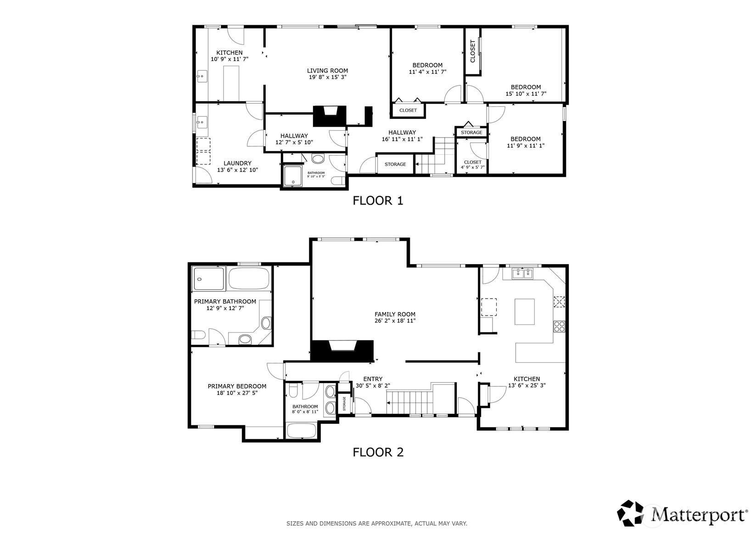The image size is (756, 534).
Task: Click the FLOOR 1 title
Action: [x=378, y=201]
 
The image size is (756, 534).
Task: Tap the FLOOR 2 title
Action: [x=378, y=452]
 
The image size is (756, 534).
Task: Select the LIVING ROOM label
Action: [x=327, y=71]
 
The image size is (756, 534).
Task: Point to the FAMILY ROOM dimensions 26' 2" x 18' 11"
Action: [x=395, y=321]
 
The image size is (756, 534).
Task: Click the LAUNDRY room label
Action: [x=237, y=163]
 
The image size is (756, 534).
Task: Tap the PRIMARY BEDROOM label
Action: [x=237, y=386]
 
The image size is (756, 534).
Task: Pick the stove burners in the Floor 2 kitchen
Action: [x=559, y=326]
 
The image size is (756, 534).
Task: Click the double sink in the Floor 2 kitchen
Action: [x=522, y=273]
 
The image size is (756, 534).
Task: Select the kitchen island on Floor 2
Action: [x=525, y=311]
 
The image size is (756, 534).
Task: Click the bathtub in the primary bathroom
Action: [x=249, y=278]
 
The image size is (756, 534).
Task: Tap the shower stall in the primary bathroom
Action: [x=208, y=278]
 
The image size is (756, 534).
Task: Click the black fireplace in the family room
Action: [x=342, y=351]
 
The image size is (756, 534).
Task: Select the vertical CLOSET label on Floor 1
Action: [x=472, y=51]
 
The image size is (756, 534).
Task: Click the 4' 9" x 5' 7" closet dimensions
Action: [x=472, y=167]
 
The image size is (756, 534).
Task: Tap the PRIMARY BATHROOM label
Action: [x=225, y=301]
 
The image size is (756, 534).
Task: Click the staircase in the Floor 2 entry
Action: [x=409, y=401]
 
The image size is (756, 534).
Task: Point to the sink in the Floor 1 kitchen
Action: [x=202, y=76]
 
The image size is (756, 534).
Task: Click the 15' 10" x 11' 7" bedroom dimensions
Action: [x=526, y=94]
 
